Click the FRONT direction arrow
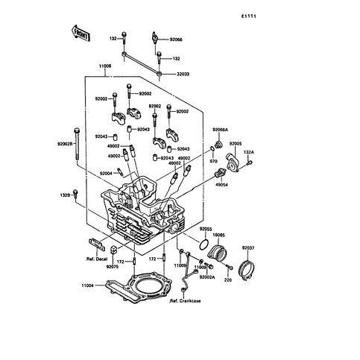[80, 34]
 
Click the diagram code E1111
[249, 16]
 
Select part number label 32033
[183, 74]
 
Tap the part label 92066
[176, 40]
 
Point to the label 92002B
[65, 144]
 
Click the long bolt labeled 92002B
[77, 145]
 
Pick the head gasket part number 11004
[88, 285]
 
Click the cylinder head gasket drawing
[139, 288]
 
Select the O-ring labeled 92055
[204, 245]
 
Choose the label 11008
[105, 66]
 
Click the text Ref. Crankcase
[185, 301]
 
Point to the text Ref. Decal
[97, 259]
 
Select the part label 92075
[113, 267]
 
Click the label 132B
[65, 195]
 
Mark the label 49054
[221, 185]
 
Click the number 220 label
[228, 280]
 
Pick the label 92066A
[220, 130]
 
